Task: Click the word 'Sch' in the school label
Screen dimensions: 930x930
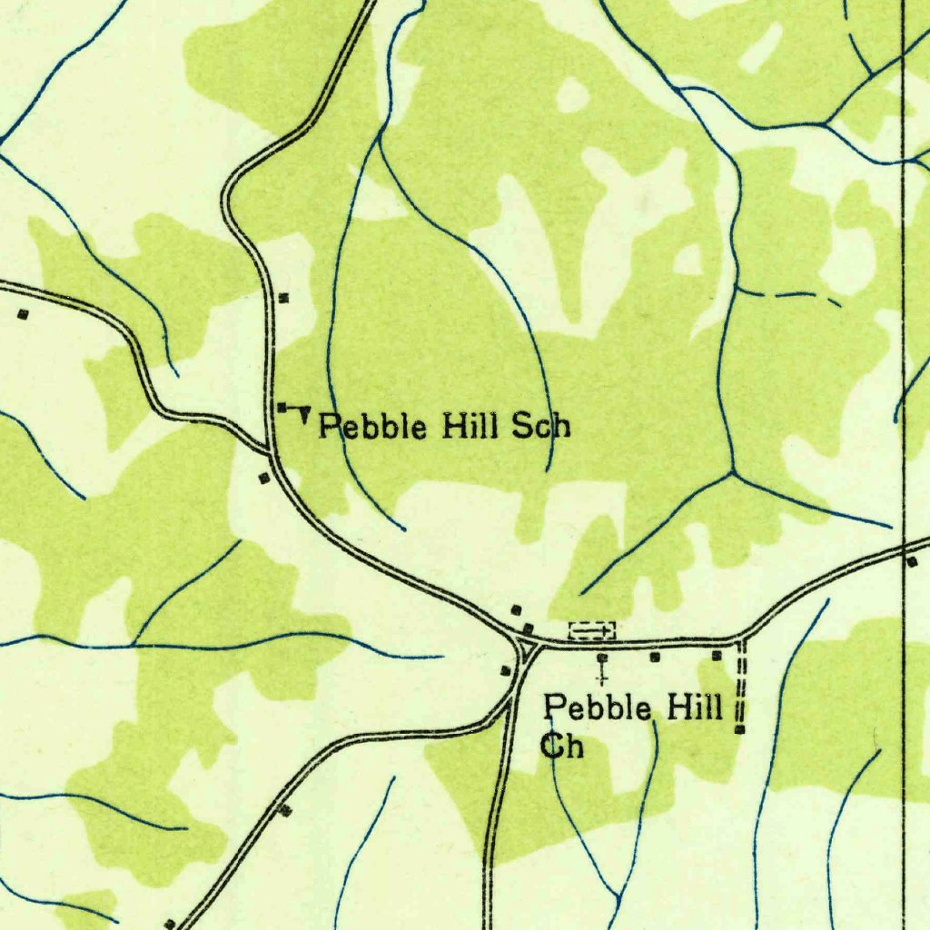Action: (x=541, y=425)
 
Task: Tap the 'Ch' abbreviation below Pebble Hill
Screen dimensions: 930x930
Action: (x=563, y=746)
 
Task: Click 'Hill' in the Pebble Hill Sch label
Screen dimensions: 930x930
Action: (x=470, y=425)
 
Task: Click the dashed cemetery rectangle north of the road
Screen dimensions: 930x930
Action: (x=591, y=628)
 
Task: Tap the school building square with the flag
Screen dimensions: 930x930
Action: (x=282, y=406)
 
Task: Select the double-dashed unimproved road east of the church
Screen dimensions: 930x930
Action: (x=740, y=681)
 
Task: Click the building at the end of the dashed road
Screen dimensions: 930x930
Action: (x=740, y=728)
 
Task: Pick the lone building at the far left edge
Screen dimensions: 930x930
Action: (x=23, y=314)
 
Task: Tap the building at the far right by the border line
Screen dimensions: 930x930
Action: (x=912, y=561)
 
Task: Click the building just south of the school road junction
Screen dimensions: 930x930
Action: (x=264, y=477)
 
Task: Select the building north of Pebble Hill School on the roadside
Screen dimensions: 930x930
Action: (x=283, y=297)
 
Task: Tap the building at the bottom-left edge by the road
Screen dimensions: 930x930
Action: (x=169, y=924)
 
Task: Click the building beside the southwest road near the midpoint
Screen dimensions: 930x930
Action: (x=286, y=809)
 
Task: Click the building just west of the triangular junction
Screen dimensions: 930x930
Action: (x=505, y=670)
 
